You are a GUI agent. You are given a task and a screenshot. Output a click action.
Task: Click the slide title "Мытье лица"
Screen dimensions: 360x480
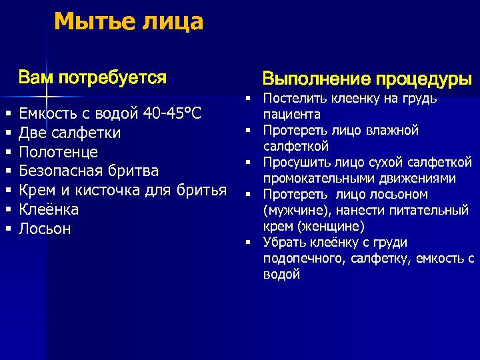coord(129,22)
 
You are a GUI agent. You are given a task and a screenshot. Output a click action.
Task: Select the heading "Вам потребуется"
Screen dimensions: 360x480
coord(93,78)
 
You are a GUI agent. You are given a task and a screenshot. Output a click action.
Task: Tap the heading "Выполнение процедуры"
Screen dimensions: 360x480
coord(367,79)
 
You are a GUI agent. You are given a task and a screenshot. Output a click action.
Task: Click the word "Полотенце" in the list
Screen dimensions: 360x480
coord(59,152)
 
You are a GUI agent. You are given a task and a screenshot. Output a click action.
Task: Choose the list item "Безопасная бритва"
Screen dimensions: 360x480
coord(89,171)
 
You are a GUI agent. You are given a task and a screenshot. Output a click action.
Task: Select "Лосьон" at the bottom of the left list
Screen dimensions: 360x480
coord(45,229)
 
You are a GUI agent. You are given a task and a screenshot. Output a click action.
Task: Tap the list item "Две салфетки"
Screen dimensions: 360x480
coord(70,133)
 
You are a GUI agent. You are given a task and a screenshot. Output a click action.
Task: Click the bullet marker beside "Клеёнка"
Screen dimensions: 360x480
coord(8,210)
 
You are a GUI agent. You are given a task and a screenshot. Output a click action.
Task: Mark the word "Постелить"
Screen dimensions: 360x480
coord(291,99)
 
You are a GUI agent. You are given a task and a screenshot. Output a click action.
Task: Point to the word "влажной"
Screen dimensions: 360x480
coord(396,130)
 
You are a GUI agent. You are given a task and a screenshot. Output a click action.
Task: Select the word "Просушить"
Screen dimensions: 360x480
coord(293,162)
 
